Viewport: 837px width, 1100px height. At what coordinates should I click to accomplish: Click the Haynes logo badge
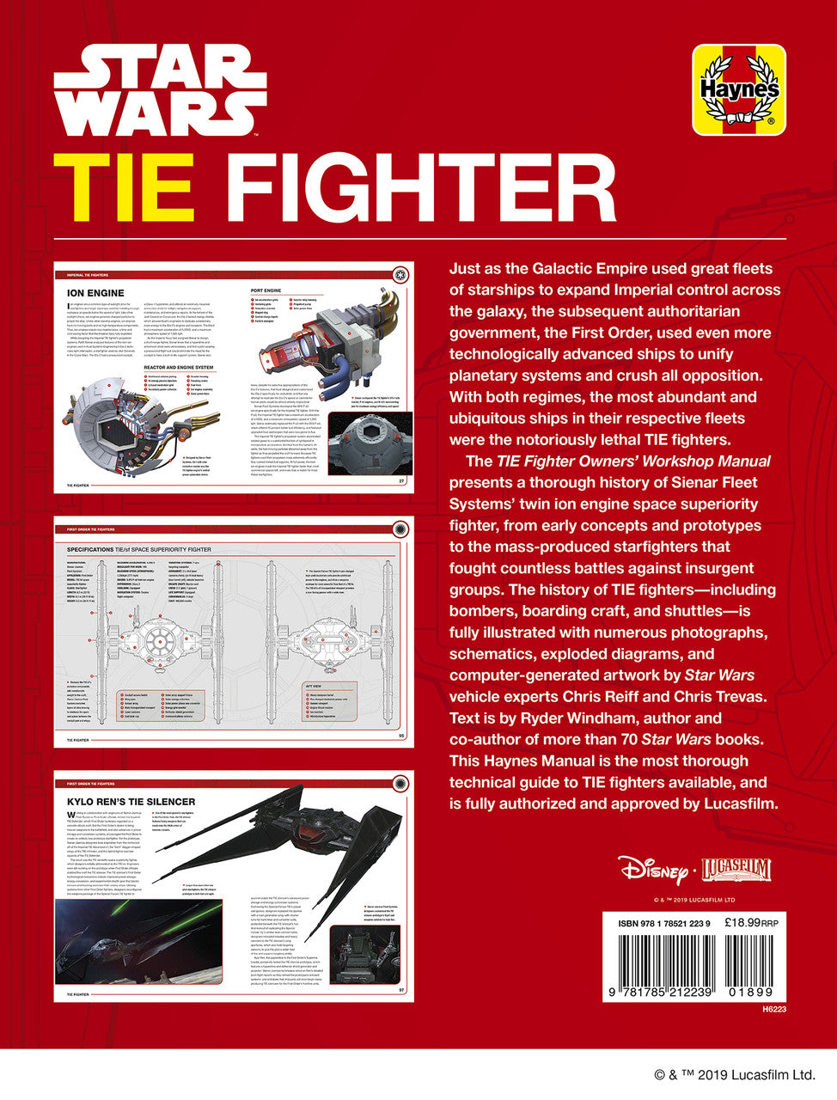(739, 90)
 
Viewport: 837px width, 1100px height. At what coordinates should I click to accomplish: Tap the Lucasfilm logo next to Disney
(736, 870)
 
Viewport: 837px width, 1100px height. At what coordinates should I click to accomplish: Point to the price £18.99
(743, 922)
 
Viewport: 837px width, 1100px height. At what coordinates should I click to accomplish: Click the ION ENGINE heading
(95, 294)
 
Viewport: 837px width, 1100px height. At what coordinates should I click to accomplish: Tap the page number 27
(400, 480)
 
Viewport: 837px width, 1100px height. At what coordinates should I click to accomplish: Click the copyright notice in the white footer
(734, 1074)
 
